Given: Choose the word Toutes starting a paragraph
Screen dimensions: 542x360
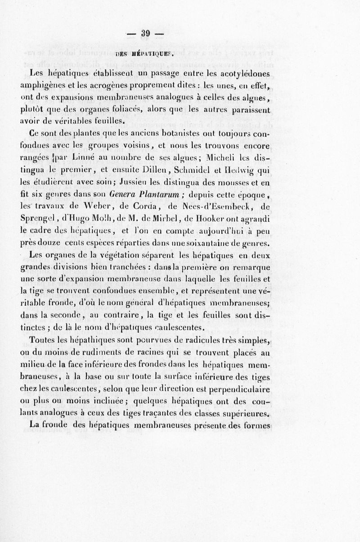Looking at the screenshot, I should [x=44, y=340].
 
